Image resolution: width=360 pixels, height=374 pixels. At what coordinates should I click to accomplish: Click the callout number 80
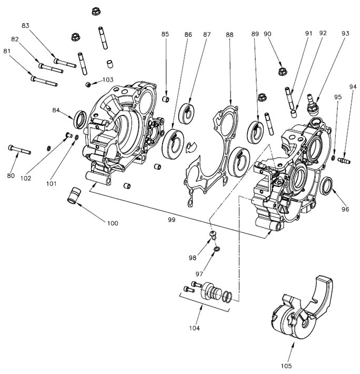click(11, 175)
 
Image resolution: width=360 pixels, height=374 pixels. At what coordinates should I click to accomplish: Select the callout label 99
click(171, 218)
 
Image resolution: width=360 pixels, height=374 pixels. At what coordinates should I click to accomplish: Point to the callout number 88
click(229, 34)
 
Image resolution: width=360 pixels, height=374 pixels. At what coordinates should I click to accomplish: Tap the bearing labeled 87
click(187, 113)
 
